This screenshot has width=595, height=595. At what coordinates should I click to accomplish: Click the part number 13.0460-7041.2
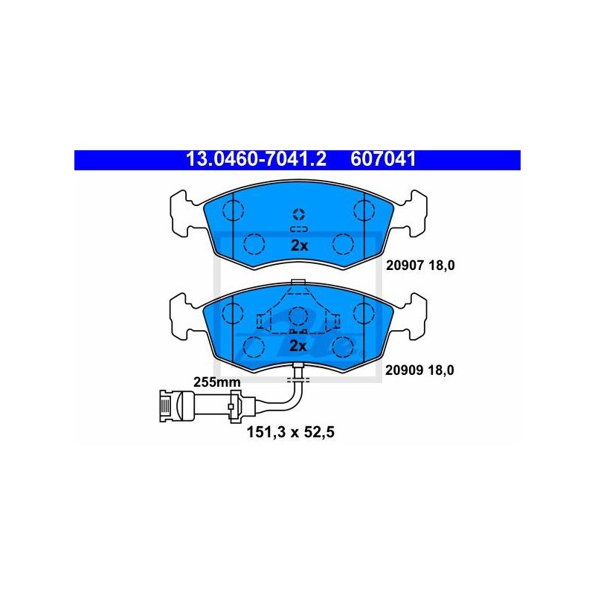pyautogui.click(x=256, y=159)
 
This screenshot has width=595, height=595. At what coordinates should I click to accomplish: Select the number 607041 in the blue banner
pyautogui.click(x=383, y=159)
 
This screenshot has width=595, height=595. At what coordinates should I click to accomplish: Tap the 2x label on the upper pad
pyautogui.click(x=300, y=246)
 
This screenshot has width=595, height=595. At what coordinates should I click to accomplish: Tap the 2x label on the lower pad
pyautogui.click(x=298, y=346)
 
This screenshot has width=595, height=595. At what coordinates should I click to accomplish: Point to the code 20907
pyautogui.click(x=404, y=266)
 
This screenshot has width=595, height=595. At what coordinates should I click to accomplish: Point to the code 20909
pyautogui.click(x=404, y=370)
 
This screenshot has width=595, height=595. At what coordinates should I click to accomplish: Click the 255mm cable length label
pyautogui.click(x=217, y=382)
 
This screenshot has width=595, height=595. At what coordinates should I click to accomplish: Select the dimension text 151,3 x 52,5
pyautogui.click(x=291, y=432)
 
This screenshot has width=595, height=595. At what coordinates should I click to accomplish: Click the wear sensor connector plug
pyautogui.click(x=177, y=406)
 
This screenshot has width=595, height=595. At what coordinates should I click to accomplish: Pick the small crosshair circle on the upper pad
pyautogui.click(x=299, y=214)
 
